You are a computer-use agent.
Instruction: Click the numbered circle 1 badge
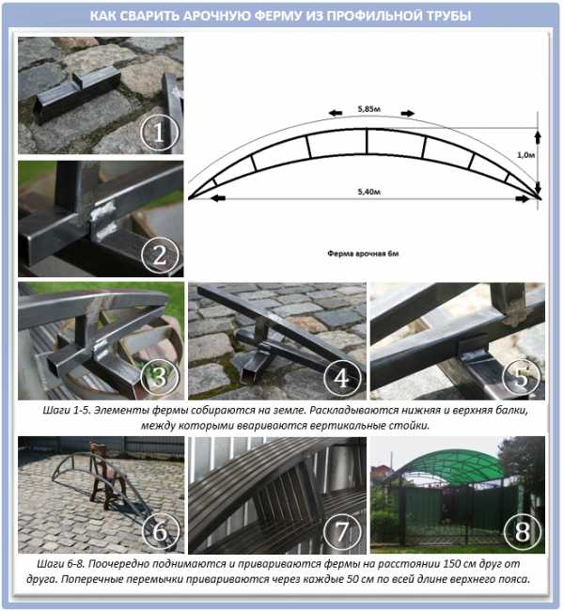pyautogui.click(x=160, y=133)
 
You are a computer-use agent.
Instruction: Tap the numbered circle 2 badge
pyautogui.click(x=160, y=256)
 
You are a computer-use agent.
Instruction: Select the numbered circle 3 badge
pyautogui.click(x=160, y=377)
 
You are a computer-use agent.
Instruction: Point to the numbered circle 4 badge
pyautogui.click(x=342, y=377)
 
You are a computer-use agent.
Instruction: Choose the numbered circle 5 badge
pyautogui.click(x=522, y=377)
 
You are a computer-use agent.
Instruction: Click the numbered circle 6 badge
pyautogui.click(x=161, y=531)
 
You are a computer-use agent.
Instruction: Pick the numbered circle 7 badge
pyautogui.click(x=342, y=531)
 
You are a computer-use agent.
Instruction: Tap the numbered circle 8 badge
pyautogui.click(x=523, y=531)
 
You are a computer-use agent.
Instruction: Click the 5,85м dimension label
pyautogui.click(x=368, y=109)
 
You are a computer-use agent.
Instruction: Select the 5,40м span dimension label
pyautogui.click(x=368, y=192)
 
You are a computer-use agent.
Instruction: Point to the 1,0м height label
pyautogui.click(x=525, y=155)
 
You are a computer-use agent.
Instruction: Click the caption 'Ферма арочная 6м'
pyautogui.click(x=363, y=254)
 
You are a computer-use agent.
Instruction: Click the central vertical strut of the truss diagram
pyautogui.click(x=367, y=141)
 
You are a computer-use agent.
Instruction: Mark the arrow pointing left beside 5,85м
pyautogui.click(x=336, y=114)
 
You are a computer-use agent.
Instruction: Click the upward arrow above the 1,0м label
pyautogui.click(x=538, y=137)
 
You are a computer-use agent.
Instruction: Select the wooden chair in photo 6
pyautogui.click(x=106, y=476)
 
